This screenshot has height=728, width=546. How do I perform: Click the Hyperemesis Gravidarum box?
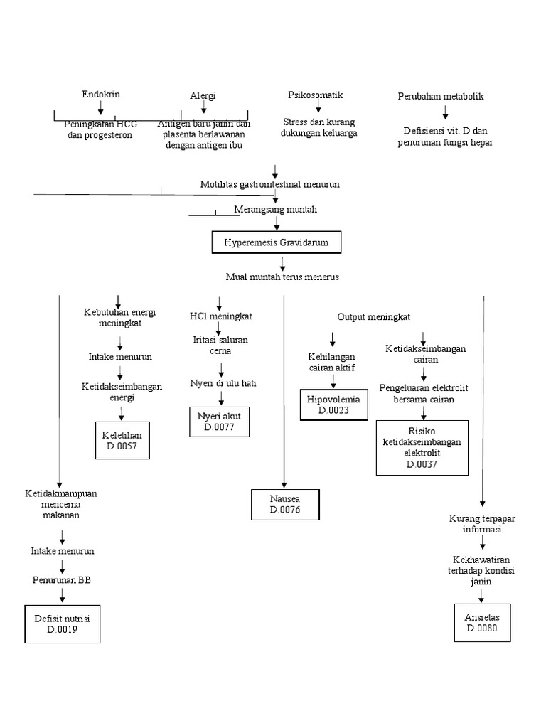pos(277,242)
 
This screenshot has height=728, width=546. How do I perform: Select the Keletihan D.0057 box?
pos(122,440)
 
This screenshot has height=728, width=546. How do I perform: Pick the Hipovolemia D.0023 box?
pos(333,405)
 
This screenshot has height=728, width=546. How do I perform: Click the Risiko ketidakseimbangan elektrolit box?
pos(422,447)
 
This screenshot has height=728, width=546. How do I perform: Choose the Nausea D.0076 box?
pos(286,504)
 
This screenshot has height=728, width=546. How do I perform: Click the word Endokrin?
pos(100,95)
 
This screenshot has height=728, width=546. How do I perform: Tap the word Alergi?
pos(203,96)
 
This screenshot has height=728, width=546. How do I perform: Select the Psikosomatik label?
pos(316,95)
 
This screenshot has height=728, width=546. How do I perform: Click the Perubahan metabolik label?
pos(441,96)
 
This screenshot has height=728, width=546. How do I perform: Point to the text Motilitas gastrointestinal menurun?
pos(269,184)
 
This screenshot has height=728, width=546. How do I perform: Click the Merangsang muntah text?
pos(275,210)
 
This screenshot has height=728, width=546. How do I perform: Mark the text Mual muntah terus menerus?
pos(282,277)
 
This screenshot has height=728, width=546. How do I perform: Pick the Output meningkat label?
pos(373,316)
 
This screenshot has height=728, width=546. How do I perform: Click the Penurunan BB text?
pos(62,579)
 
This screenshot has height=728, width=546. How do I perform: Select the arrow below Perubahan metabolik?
pos(446,112)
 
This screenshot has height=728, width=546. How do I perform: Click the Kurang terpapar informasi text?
pos(482,524)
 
